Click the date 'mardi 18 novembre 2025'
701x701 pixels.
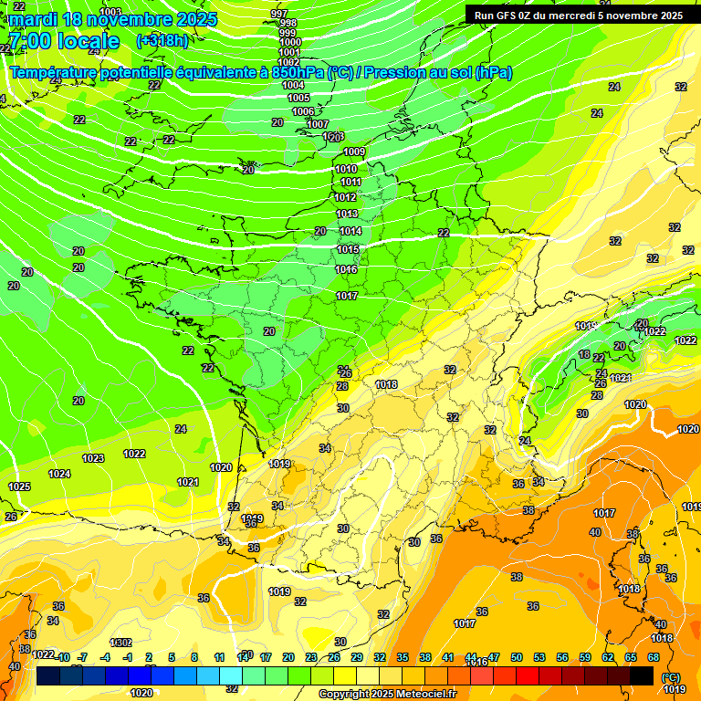click(x=113, y=19)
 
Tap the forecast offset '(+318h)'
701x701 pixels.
click(x=162, y=40)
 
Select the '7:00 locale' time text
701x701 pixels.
click(x=63, y=41)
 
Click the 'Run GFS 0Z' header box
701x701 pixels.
click(x=579, y=16)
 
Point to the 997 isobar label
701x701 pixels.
click(x=279, y=14)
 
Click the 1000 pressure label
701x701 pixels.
click(x=290, y=42)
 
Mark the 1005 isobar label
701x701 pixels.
click(x=298, y=98)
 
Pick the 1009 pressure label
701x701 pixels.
click(x=354, y=152)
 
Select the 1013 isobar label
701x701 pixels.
click(x=347, y=214)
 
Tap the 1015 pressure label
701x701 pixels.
click(x=348, y=249)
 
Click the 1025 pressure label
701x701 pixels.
click(x=19, y=487)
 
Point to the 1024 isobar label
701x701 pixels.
click(x=59, y=474)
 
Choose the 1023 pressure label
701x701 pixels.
click(x=93, y=458)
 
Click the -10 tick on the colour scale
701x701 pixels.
click(x=63, y=657)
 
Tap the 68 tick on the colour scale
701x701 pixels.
click(x=654, y=657)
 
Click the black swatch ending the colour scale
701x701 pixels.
click(x=642, y=675)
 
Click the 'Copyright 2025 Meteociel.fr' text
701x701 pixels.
click(x=387, y=694)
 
